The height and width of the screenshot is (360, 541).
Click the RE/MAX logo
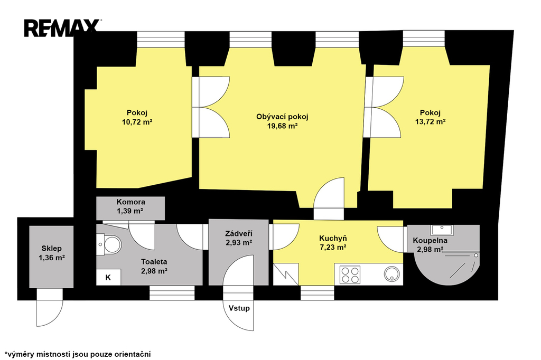coord(62,28)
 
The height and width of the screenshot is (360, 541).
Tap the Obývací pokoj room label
coord(282,117)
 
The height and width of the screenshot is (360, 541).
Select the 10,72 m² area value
coord(137,122)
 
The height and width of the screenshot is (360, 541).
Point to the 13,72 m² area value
coord(430,122)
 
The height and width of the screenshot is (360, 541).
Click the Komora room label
coord(131,202)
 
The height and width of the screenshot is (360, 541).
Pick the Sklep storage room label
coord(52,248)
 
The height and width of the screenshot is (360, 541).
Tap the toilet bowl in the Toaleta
coord(111,244)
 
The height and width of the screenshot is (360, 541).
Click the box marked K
coord(108,277)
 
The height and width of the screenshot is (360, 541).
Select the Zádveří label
coord(239,234)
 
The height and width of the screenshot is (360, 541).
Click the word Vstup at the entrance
coord(239,308)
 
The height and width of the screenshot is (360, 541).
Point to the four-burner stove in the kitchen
coord(350,275)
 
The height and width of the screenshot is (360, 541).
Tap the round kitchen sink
coord(392,274)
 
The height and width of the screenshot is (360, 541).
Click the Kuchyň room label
coord(333,238)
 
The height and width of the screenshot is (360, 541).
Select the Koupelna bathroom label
coord(430,241)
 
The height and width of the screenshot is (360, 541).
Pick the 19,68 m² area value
coord(282,126)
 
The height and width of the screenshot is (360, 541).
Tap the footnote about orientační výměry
coord(78,354)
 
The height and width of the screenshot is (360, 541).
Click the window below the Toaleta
coord(172,293)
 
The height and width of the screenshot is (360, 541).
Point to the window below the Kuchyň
coord(317,293)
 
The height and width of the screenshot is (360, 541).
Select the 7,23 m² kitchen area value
coord(333,247)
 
